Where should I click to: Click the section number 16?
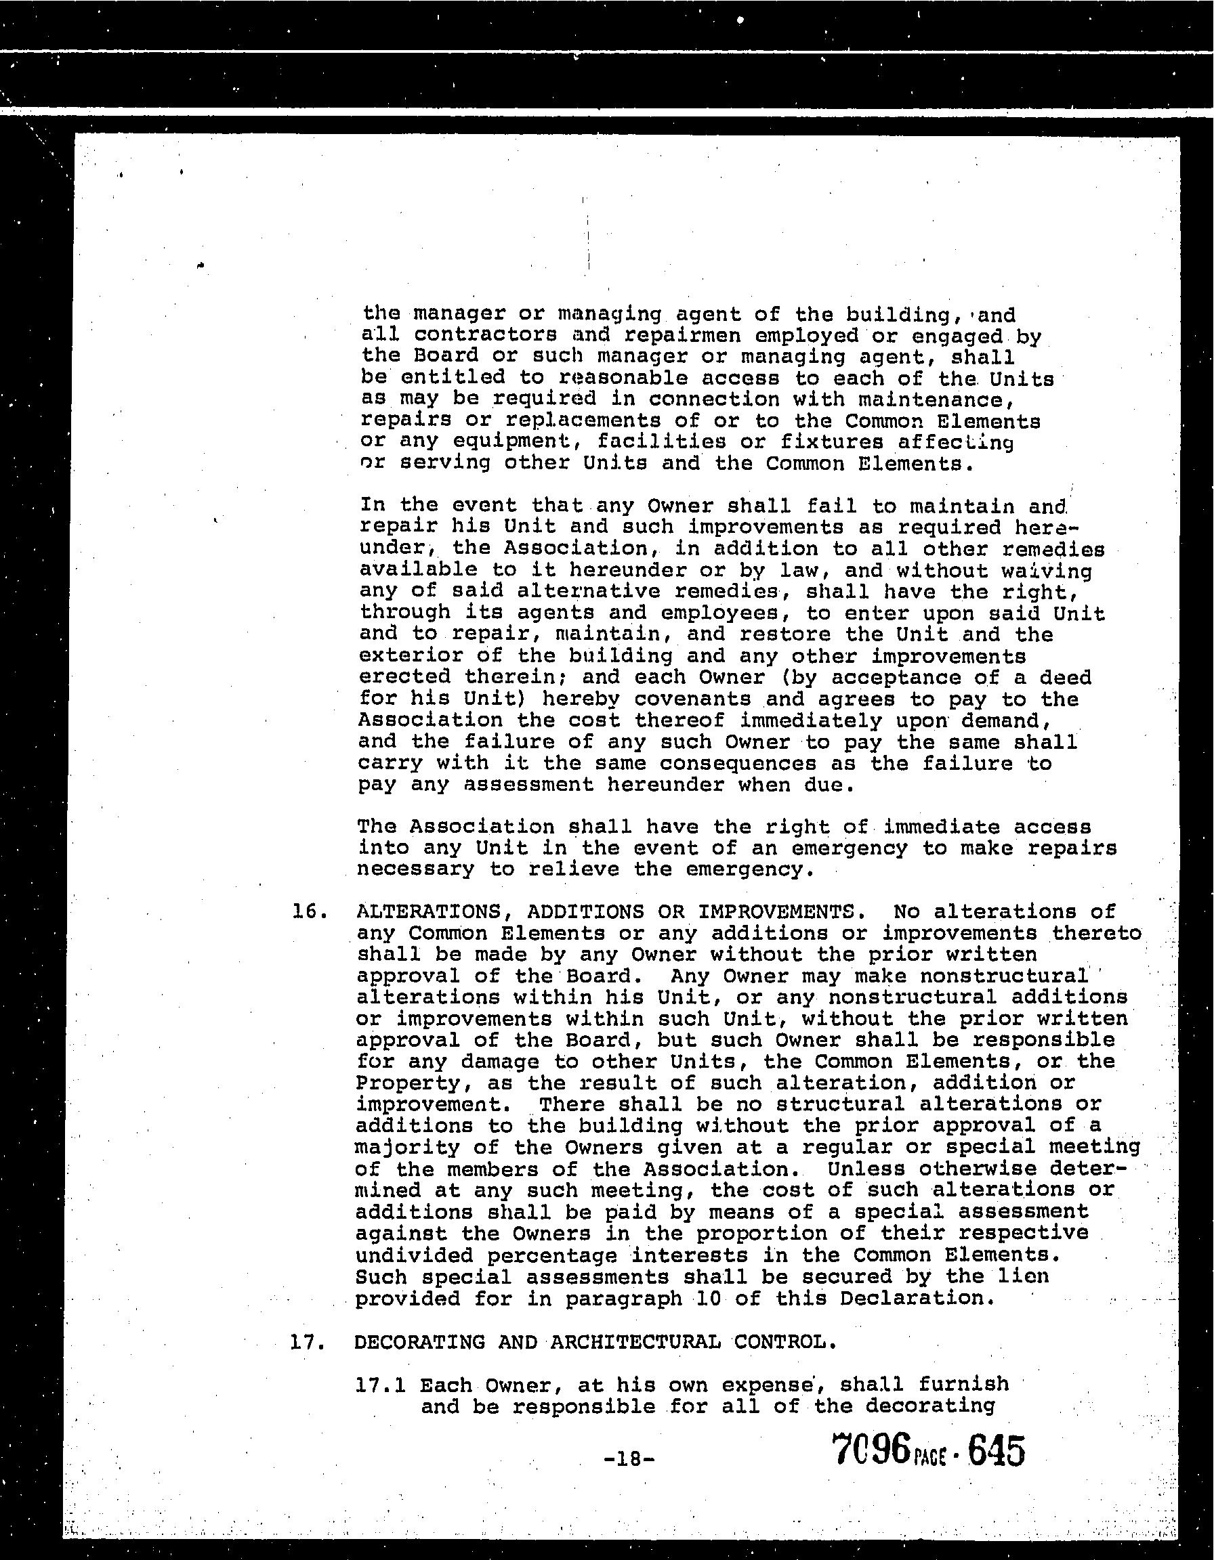pos(310,912)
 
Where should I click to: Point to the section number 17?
pos(308,1341)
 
